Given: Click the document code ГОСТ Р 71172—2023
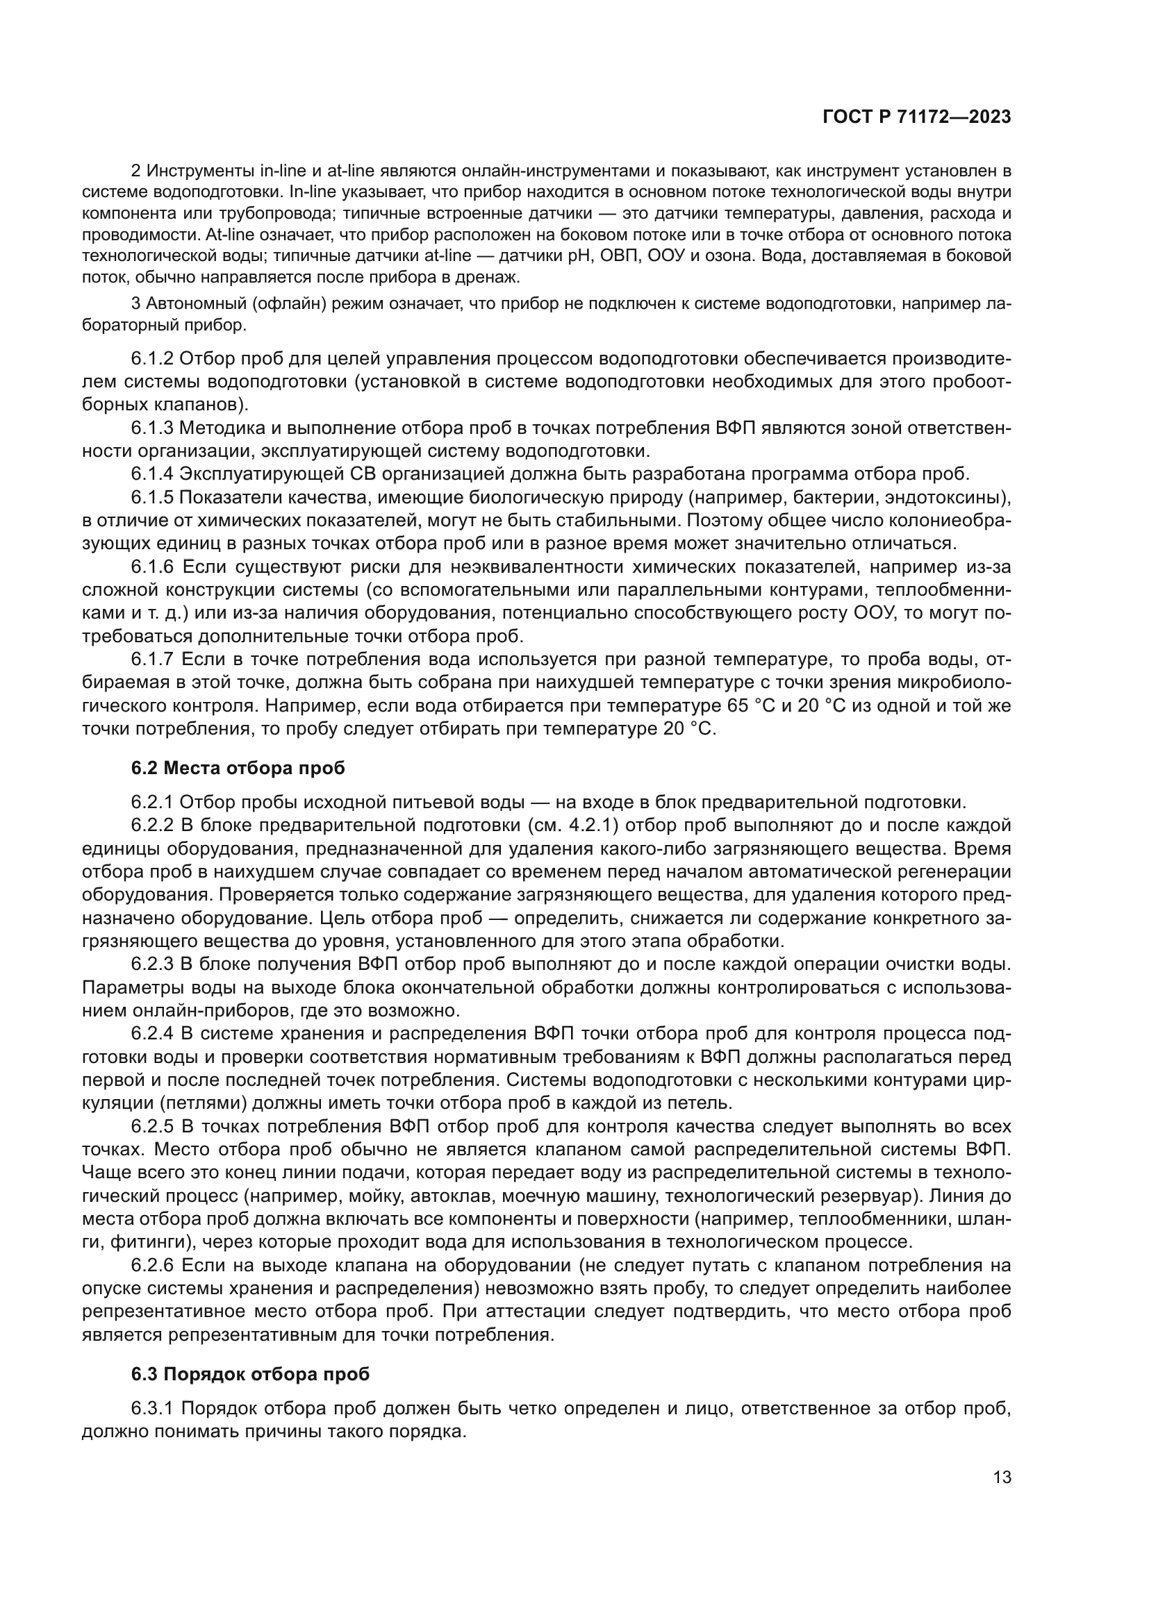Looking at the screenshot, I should click(x=917, y=117).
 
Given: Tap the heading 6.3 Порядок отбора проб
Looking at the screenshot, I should click(x=250, y=1374).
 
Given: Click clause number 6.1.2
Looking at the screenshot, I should click(x=152, y=360).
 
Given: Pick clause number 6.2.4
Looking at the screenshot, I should click(x=152, y=1034).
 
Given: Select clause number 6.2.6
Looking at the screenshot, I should click(x=152, y=1266).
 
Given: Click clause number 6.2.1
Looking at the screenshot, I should click(x=152, y=802).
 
